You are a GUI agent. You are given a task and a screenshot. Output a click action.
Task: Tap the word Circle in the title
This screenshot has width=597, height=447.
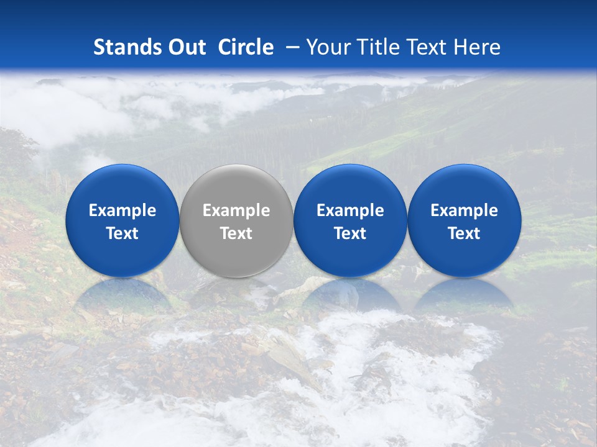coord(246,47)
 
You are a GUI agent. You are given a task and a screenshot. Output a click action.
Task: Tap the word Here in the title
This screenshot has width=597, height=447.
coord(477,47)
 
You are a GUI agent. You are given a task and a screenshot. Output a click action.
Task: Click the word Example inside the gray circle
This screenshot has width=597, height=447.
coord(236,210)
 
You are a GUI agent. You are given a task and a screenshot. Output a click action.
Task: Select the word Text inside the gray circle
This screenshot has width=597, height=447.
coord(236,233)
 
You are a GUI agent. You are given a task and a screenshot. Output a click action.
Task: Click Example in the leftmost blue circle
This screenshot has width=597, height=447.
coord(123,210)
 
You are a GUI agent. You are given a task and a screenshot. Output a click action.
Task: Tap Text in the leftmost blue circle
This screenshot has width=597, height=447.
coord(123,233)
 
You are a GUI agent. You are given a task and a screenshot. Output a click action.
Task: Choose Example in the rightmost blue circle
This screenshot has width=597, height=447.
coord(464,210)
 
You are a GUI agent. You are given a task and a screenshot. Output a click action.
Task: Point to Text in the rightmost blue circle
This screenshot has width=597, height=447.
coord(464,233)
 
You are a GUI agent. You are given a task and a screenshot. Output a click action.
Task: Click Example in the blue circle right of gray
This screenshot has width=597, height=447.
coord(350,210)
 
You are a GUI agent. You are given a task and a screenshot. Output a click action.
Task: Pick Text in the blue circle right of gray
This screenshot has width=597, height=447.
coord(350,233)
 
